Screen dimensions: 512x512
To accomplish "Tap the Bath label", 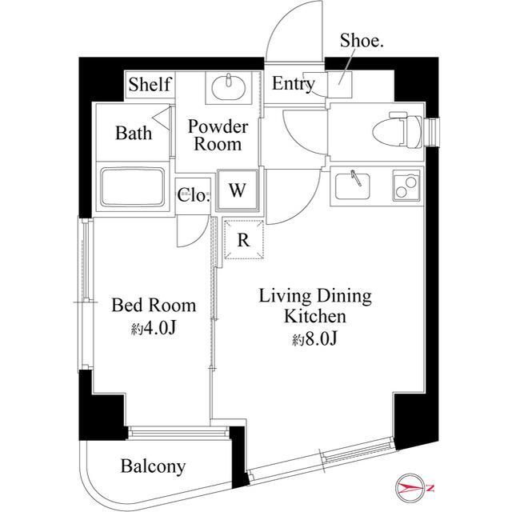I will [x=133, y=133].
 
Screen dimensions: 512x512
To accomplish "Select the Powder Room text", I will [x=218, y=135].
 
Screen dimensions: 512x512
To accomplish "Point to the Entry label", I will [x=293, y=84].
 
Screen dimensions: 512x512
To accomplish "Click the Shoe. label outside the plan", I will [x=362, y=41].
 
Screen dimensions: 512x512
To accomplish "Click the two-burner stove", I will [x=406, y=186].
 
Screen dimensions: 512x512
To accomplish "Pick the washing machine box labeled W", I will [x=237, y=190].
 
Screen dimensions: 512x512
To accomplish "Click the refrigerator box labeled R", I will [x=243, y=238].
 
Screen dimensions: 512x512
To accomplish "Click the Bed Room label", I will [x=153, y=305].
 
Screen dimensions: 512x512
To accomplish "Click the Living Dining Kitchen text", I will [x=314, y=306].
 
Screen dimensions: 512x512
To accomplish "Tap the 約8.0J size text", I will [x=315, y=339].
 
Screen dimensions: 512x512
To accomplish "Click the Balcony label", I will [x=154, y=466].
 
